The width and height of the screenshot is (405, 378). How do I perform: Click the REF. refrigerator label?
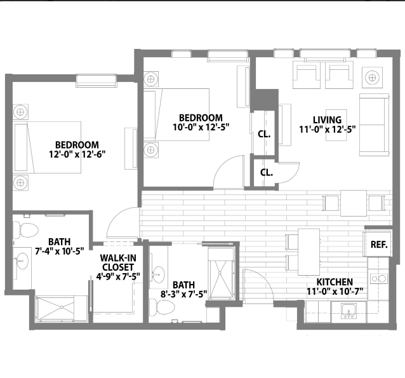coord(379,245)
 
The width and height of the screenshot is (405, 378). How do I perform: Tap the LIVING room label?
coord(328,120)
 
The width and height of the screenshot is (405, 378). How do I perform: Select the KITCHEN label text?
coord(335,282)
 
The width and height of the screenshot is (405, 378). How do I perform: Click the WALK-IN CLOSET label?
coord(118,262)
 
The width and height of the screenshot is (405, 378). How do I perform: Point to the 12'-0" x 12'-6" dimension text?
coord(77,154)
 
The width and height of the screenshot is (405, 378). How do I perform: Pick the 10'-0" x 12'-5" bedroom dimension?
coord(201,127)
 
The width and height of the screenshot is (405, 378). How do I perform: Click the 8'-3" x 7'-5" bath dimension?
coord(183,294)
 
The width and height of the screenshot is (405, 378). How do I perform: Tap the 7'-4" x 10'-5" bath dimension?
coord(60,251)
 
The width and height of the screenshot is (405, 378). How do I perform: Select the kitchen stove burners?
coord(378,278)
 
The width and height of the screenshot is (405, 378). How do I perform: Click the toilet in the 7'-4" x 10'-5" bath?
coord(25,230)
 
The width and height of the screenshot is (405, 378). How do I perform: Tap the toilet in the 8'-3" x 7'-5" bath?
coord(162,307)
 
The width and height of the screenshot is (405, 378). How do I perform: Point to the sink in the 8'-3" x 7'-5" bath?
coord(158,274)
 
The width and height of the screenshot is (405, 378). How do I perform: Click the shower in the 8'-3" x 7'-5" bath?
coord(222,273)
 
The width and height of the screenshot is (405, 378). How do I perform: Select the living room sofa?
coord(374,125)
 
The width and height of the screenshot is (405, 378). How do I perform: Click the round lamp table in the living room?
coord(372,77)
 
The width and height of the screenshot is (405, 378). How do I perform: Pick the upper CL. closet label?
coord(264,134)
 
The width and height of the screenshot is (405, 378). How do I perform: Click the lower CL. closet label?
coord(267,172)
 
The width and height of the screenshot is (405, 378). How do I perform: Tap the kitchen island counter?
coord(309,252)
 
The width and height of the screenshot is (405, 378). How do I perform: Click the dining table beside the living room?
coord(354,203)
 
